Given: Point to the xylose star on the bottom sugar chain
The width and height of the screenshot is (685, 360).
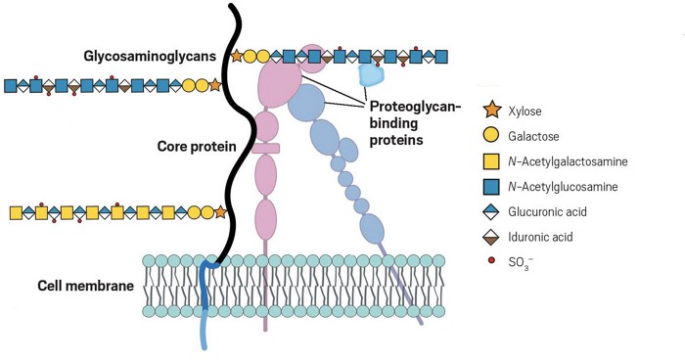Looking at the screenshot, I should (221, 211).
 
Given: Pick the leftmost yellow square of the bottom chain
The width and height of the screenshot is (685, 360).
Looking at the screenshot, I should (16, 211).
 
